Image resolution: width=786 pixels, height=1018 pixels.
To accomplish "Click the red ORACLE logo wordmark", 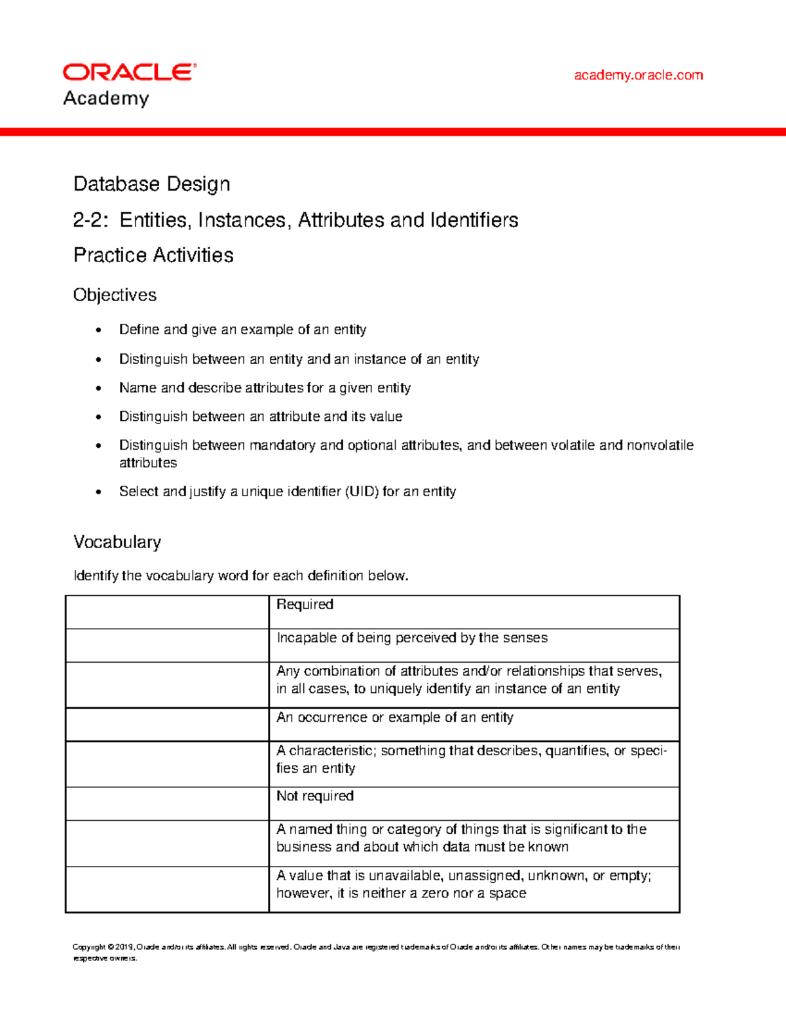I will tap(129, 72).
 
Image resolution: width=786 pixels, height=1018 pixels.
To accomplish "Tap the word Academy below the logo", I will tap(106, 98).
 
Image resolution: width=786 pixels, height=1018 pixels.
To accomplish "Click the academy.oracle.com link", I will tap(638, 75).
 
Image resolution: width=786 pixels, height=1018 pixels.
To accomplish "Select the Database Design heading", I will tap(151, 184).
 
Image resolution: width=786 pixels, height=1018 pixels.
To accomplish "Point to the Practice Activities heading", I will tap(153, 255).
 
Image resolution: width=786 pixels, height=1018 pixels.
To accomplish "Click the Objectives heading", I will tap(115, 295).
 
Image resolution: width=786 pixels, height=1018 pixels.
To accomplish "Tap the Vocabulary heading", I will tap(117, 542).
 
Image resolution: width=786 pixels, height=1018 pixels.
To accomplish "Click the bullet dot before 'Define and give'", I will tap(99, 330).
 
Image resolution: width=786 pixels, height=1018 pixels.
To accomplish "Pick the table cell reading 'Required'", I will tap(305, 604).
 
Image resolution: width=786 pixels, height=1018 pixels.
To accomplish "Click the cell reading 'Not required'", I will tap(314, 796).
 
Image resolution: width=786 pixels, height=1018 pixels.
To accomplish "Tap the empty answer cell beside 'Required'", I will tap(167, 612).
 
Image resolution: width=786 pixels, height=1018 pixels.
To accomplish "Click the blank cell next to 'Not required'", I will tap(167, 804).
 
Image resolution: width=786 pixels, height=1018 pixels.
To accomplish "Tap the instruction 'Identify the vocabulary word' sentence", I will tap(240, 576).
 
